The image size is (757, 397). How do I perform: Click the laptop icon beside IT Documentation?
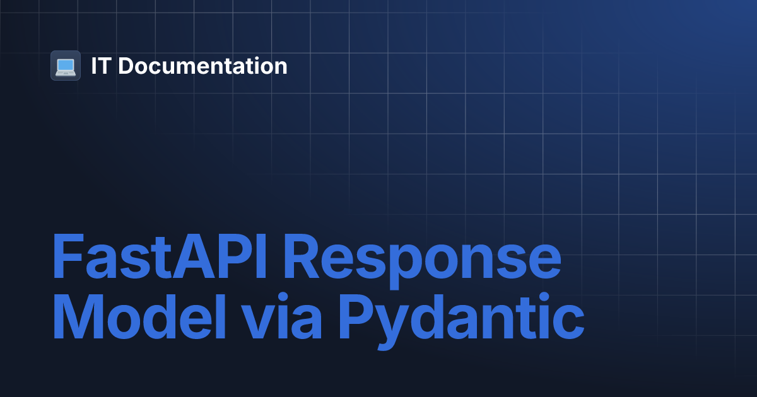click(x=66, y=66)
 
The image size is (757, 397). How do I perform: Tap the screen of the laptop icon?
click(x=66, y=64)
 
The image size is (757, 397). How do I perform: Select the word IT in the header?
click(x=99, y=66)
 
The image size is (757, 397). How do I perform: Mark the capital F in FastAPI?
click(x=67, y=258)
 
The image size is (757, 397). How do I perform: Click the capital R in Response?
click(x=314, y=258)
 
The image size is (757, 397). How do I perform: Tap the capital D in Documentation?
click(x=126, y=66)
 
